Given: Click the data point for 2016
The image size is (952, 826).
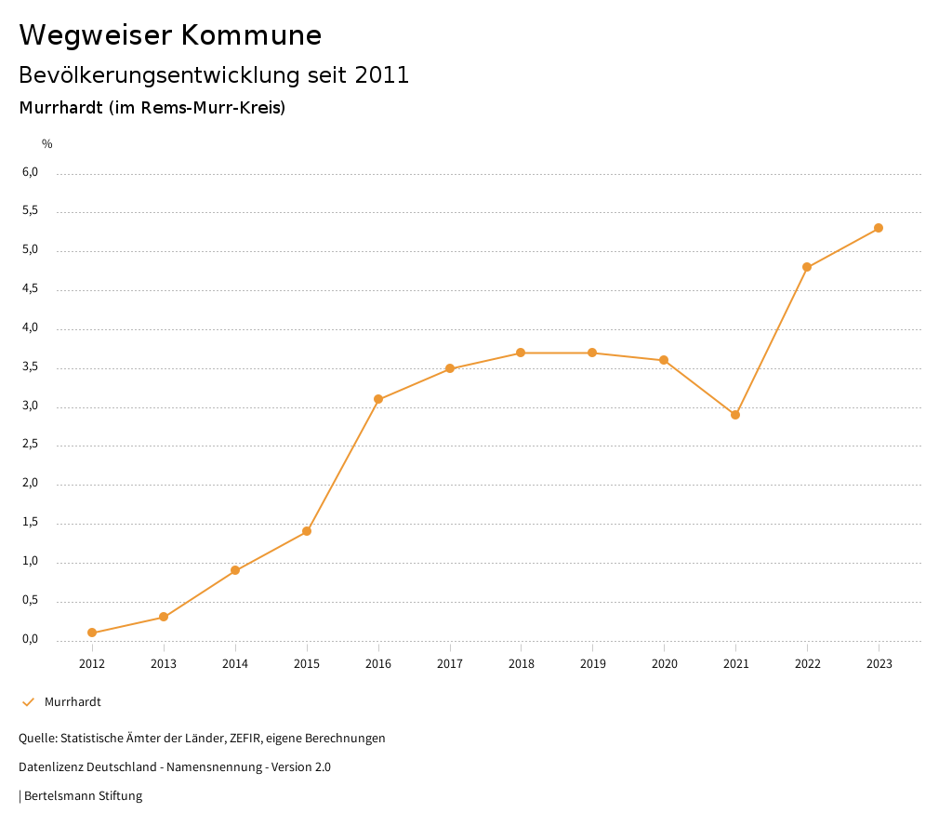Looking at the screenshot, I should click(x=378, y=399).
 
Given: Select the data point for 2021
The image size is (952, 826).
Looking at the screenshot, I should click(x=735, y=415).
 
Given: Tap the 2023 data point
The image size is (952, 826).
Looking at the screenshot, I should click(x=879, y=228).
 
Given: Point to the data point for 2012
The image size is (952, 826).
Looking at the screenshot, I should click(x=92, y=633).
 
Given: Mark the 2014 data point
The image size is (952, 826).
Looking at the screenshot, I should click(x=235, y=570).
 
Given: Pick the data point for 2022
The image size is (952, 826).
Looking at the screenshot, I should click(x=807, y=267).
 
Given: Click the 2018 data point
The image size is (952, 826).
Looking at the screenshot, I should click(x=521, y=353).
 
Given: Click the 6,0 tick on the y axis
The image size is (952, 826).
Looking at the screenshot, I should click(x=31, y=172).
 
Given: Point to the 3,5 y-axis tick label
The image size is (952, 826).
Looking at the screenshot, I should click(x=31, y=366).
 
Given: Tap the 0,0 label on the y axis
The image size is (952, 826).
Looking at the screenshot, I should click(x=31, y=639).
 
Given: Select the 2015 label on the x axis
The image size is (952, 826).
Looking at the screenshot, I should click(x=307, y=663).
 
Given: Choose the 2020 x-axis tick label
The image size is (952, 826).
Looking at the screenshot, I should click(x=664, y=663).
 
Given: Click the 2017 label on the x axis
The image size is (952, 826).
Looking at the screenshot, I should click(x=450, y=663).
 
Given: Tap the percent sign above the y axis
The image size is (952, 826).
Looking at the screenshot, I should click(x=47, y=144).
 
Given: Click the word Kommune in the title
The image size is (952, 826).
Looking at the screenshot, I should click(x=251, y=35).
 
